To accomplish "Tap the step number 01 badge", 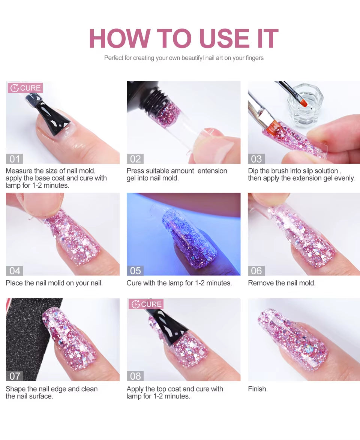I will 14,159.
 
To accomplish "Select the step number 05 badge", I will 135,271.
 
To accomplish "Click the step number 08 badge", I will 135,376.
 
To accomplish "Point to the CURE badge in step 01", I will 25,88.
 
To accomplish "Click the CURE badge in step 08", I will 146,304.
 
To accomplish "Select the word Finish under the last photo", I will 258,389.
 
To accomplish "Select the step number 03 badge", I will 256,159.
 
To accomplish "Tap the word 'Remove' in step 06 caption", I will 260,283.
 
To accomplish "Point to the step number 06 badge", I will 256,271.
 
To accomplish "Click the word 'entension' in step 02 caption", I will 212,171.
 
